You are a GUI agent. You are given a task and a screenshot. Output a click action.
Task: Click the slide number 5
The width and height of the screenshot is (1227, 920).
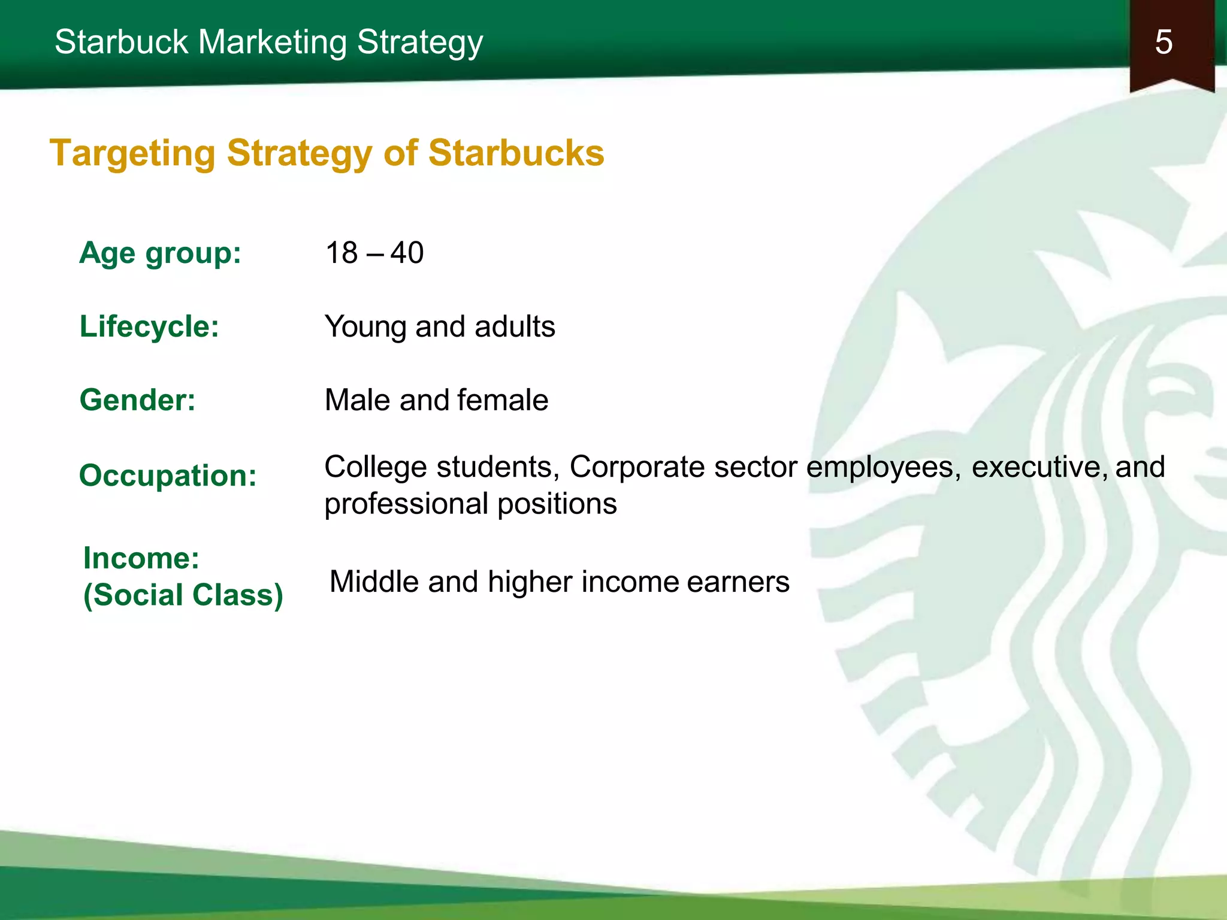(x=1163, y=42)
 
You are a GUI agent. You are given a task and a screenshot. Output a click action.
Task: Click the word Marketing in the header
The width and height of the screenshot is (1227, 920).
(x=272, y=43)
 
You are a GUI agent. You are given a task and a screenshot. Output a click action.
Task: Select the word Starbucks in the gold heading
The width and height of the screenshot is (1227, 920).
(x=516, y=153)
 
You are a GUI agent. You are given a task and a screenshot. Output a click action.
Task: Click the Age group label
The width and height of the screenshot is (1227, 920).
(x=160, y=253)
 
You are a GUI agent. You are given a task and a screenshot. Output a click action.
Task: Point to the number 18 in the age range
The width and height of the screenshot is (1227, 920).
(x=341, y=253)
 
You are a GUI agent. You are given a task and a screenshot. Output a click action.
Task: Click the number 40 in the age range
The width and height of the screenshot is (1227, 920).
(x=407, y=253)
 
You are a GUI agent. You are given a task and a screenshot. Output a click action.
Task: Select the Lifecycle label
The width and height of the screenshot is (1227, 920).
(x=149, y=326)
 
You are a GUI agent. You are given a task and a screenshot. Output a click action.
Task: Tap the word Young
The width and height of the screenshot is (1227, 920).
(x=365, y=327)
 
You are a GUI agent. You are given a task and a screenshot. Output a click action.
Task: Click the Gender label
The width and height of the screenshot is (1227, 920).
(x=137, y=400)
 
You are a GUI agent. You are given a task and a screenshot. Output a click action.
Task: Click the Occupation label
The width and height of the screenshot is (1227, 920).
(x=168, y=476)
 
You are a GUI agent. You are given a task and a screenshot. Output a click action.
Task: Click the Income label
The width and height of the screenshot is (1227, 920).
(x=141, y=558)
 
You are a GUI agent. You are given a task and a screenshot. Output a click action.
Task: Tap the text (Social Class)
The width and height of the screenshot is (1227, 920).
(x=183, y=595)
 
